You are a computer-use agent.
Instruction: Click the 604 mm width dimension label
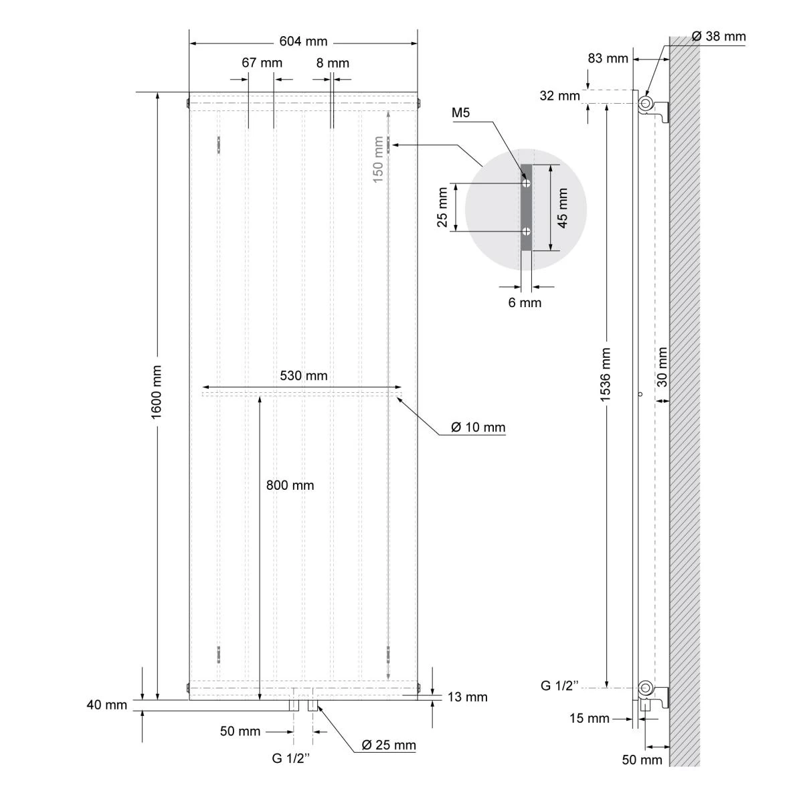pyautogui.click(x=303, y=42)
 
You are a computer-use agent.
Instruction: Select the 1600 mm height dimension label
pyautogui.click(x=157, y=392)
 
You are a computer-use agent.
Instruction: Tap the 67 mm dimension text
pyautogui.click(x=262, y=63)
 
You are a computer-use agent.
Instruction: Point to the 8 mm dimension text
pyautogui.click(x=333, y=63)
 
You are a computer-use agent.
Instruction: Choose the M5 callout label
pyautogui.click(x=461, y=112)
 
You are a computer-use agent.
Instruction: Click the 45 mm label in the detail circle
pyautogui.click(x=562, y=207)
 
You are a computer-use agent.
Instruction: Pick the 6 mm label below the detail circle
pyautogui.click(x=525, y=302)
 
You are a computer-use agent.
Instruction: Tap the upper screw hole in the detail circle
pyautogui.click(x=527, y=182)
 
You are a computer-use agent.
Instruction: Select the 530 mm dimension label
pyautogui.click(x=304, y=376)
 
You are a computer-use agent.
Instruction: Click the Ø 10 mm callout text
pyautogui.click(x=478, y=427)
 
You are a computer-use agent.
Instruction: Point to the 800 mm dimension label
pyautogui.click(x=290, y=485)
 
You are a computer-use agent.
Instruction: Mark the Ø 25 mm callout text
pyautogui.click(x=388, y=745)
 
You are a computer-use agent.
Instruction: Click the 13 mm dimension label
pyautogui.click(x=467, y=697)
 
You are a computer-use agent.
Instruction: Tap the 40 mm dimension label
pyautogui.click(x=106, y=705)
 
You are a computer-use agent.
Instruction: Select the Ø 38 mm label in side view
pyautogui.click(x=718, y=37)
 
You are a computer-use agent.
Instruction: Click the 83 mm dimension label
pyautogui.click(x=608, y=58)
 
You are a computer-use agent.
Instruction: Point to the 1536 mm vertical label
pyautogui.click(x=606, y=375)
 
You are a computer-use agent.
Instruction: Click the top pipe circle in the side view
pyautogui.click(x=646, y=103)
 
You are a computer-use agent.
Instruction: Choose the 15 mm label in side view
pyautogui.click(x=589, y=719)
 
